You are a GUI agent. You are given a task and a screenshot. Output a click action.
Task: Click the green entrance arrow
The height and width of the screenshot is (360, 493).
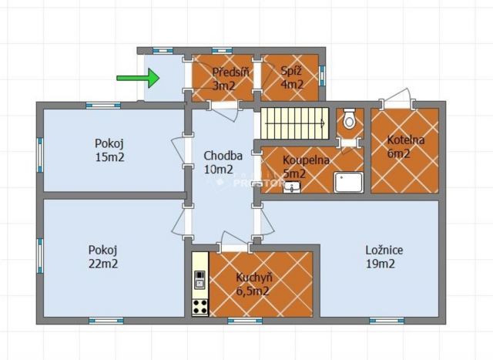[139, 78]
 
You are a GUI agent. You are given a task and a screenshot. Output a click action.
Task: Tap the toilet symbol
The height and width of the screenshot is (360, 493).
[349, 119]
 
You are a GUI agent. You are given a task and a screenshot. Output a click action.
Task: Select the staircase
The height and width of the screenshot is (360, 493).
[294, 123]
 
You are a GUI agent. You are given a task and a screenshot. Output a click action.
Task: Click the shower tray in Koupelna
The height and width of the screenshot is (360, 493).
[349, 182]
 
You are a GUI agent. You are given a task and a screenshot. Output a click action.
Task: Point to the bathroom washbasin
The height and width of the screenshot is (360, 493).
[292, 187]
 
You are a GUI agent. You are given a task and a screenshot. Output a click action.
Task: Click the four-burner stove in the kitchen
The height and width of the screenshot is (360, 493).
[200, 307]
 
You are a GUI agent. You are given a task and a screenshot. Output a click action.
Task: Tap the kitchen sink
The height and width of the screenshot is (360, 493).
[200, 280]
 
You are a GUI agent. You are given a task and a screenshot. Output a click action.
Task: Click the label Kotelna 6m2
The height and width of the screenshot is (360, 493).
[406, 146]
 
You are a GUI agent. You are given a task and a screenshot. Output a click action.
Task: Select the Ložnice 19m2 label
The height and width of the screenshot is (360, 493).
[384, 257]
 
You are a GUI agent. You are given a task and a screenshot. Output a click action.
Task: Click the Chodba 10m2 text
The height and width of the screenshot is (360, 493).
[223, 163]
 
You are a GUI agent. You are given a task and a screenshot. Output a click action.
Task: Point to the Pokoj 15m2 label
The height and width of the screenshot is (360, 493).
[109, 150]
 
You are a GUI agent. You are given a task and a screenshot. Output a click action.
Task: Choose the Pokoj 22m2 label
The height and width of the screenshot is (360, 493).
[103, 257]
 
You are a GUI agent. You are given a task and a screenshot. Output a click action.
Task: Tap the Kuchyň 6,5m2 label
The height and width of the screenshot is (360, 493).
[254, 284]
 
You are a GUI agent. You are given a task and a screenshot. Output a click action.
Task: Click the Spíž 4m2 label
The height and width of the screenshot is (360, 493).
[292, 78]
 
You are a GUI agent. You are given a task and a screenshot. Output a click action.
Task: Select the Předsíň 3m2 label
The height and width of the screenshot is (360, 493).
[231, 79]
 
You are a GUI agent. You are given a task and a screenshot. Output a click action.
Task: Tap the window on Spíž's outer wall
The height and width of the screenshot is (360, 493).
[322, 76]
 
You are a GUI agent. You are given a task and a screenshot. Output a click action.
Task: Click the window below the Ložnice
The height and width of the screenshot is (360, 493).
[387, 321]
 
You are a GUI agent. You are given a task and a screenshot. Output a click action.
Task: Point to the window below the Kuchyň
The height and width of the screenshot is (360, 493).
[245, 321]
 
